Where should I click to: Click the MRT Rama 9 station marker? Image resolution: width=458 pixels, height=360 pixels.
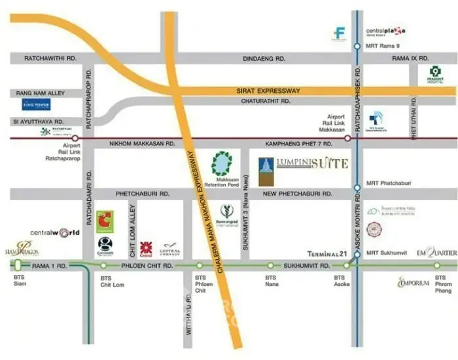click(357, 46)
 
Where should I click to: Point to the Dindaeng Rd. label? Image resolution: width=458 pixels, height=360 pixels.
click(264, 58)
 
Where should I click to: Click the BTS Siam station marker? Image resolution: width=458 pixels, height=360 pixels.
click(18, 265)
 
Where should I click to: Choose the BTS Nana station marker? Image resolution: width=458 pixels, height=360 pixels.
click(271, 266)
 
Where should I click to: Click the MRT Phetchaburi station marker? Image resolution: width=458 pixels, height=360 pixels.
click(357, 187)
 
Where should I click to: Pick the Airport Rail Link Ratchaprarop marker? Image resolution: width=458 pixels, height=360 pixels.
click(75, 138)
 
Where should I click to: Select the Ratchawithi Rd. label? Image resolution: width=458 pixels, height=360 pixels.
click(50, 58)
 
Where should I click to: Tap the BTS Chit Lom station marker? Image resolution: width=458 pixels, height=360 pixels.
click(103, 266)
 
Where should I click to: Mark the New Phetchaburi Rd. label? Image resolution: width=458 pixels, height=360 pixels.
click(296, 194)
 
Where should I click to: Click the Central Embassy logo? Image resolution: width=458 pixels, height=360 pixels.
click(170, 249)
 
